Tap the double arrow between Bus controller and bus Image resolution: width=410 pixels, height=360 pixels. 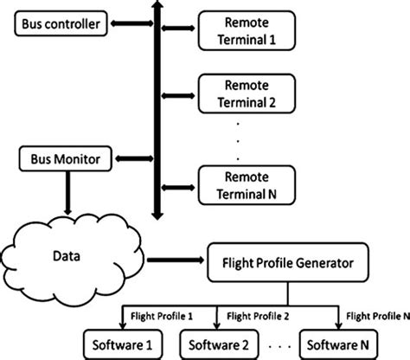coord(129,26)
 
